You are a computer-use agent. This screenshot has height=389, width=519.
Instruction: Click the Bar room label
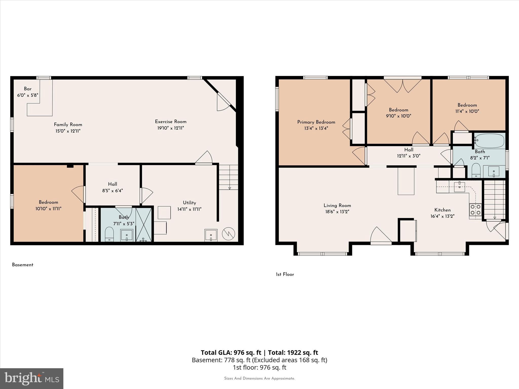[28, 89]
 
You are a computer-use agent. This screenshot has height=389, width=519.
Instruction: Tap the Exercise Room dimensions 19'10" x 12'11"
[171, 128]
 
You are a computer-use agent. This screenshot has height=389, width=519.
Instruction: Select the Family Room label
[68, 125]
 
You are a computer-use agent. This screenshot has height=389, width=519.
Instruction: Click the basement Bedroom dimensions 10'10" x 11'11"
[48, 209]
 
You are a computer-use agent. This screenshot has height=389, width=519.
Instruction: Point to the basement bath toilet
[109, 234]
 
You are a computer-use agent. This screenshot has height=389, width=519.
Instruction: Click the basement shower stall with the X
[144, 224]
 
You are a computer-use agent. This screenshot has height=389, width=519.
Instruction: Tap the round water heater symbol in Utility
[228, 234]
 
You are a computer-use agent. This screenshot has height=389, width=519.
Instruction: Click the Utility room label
[189, 203]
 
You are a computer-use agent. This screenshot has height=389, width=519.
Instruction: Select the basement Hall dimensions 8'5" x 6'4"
[113, 191]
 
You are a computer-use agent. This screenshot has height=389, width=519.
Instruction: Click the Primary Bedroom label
[316, 122]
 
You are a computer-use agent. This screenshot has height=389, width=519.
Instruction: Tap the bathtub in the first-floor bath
[490, 141]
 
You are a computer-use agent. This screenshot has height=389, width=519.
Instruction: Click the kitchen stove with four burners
[475, 210]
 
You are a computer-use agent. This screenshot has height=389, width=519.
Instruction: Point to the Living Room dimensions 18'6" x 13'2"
[337, 212]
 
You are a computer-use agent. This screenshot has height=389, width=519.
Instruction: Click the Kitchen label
[442, 210]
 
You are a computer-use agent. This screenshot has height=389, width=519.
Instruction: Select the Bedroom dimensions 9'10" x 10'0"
[398, 116]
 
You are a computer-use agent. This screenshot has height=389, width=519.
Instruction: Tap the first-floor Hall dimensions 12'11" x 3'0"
[409, 156]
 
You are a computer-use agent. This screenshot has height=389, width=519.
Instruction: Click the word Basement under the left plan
[23, 265]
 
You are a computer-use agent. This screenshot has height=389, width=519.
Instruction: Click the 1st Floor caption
[285, 274]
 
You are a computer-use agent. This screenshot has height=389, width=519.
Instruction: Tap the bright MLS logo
[32, 378]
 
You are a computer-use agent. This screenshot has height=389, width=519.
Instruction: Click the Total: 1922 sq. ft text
[293, 353]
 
